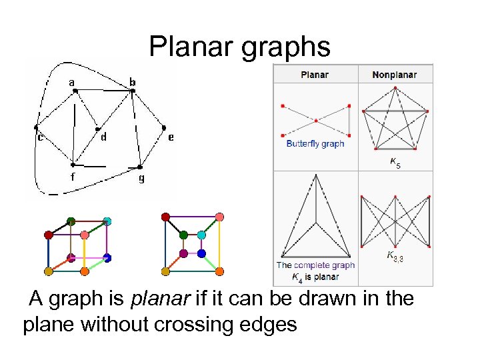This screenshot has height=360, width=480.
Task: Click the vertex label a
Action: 71,83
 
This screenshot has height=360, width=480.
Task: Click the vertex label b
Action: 133,83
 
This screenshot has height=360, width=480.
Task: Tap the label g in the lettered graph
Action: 141,178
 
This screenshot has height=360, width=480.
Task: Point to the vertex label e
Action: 171,137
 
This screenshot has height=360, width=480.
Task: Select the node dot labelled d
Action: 97,129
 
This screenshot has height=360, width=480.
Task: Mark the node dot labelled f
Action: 73,165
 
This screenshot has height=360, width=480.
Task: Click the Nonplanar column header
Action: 395,74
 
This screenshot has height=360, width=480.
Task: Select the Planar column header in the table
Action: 315,74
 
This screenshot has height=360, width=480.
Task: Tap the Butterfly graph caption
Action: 315,143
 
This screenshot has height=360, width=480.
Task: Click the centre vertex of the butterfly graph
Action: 315,120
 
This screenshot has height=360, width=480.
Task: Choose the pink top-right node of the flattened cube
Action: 220,217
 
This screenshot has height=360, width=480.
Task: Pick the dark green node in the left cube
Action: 71,221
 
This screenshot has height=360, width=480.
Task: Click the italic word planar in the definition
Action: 157,299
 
